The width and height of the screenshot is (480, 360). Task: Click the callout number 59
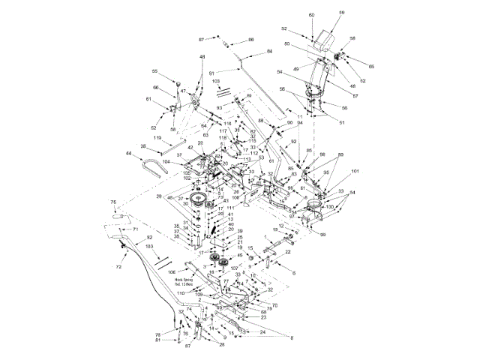pos(341,13)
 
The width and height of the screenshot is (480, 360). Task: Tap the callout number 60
pos(311,15)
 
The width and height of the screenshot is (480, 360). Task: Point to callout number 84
pos(270,52)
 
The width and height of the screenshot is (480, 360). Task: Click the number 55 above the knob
pos(155,72)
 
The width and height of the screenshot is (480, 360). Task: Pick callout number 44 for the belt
pos(128,154)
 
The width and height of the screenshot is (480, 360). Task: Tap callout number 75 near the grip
pos(114,202)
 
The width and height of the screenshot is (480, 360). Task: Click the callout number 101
pos(355,171)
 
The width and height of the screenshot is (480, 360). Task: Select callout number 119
pos(157,139)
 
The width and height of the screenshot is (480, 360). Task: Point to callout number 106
pos(171,271)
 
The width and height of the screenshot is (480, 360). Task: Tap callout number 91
pos(211,73)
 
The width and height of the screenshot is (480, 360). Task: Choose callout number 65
pos(370,67)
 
